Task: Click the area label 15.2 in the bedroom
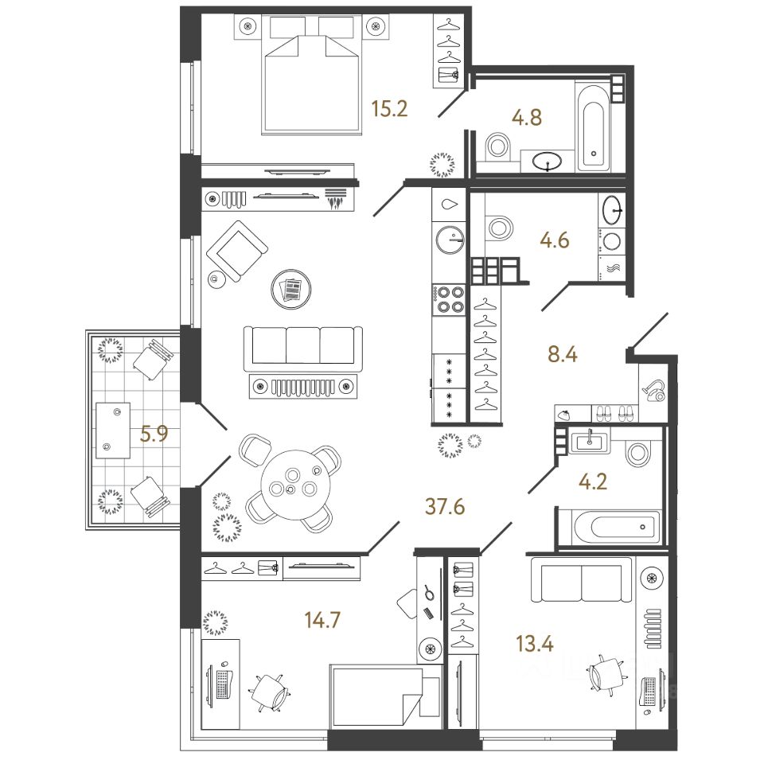point(389,108)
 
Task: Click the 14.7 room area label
point(323,618)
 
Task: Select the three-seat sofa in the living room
point(302,345)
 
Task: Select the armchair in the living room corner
point(236,250)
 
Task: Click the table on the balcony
point(113,431)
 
